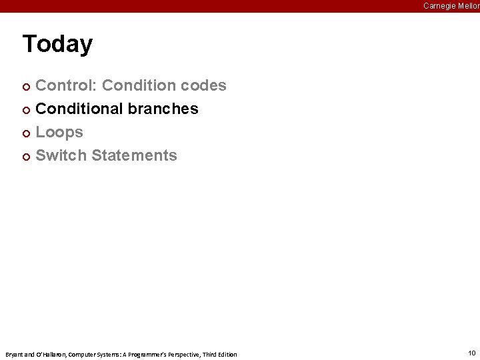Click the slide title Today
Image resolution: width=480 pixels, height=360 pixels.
[57, 44]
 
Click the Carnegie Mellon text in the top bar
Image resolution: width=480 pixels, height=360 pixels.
[451, 6]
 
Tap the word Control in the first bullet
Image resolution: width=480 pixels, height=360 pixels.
[65, 85]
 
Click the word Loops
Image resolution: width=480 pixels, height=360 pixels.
[59, 132]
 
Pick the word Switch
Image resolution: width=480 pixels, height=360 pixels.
[61, 155]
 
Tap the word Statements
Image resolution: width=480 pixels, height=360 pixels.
[134, 155]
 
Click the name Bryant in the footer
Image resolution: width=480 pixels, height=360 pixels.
[13, 354]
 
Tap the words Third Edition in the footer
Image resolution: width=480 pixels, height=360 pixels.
[219, 354]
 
